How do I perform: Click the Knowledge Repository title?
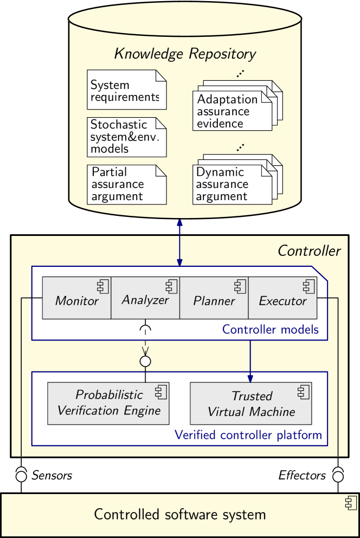pos(185,54)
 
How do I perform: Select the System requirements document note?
pos(127,90)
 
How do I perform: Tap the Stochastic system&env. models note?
pos(127,137)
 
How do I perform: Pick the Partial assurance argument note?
pos(127,185)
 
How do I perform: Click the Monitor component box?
pos(76,298)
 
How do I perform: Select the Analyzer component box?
pos(145,298)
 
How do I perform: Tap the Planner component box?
pos(214,298)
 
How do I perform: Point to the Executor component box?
pos(282,298)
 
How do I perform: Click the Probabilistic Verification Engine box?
pos(108,403)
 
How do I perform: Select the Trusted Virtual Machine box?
pos(251,403)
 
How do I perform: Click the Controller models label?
pos(271,329)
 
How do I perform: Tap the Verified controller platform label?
pos(248,435)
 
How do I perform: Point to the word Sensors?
pos(52,475)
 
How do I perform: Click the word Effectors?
pos(302,475)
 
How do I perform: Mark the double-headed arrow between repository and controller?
pos(179,242)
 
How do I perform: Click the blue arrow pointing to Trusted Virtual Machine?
pos(250,361)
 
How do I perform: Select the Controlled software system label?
pos(180,515)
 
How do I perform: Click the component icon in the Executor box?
pos(308,287)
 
